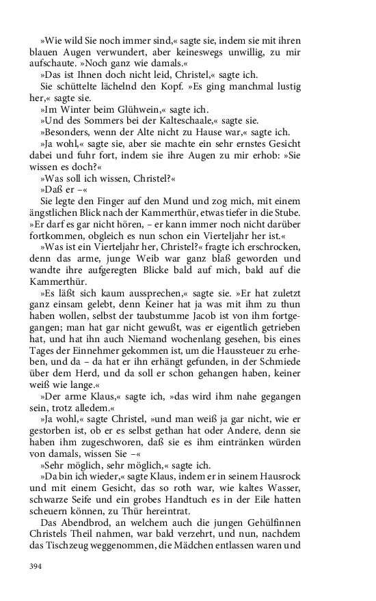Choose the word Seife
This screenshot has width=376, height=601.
tap(77, 501)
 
